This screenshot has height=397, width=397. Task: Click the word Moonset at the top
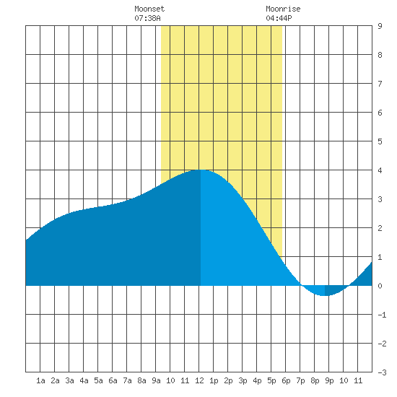click(149, 9)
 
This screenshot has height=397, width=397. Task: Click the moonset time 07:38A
click(147, 18)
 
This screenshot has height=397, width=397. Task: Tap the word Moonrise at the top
click(283, 9)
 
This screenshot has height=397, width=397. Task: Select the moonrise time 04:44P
click(279, 18)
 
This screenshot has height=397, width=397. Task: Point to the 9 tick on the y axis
click(380, 26)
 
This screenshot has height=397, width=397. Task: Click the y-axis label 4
click(380, 170)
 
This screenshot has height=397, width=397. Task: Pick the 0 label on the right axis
click(380, 286)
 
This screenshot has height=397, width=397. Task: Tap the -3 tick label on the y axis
click(382, 372)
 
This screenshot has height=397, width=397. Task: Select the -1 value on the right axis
click(382, 315)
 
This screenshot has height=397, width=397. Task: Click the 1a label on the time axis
click(40, 380)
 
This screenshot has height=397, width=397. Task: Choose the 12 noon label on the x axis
click(199, 380)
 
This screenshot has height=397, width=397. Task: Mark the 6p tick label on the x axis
click(286, 380)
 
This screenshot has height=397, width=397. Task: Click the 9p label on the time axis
click(329, 380)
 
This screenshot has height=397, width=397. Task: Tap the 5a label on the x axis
click(98, 380)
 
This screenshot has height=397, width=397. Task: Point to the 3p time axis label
click(243, 380)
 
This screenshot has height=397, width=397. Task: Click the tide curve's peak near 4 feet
click(201, 170)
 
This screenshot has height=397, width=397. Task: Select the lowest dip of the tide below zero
click(325, 295)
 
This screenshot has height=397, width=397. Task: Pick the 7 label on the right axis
click(380, 84)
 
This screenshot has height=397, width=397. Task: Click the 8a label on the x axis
click(141, 380)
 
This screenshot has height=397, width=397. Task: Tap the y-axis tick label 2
click(380, 228)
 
